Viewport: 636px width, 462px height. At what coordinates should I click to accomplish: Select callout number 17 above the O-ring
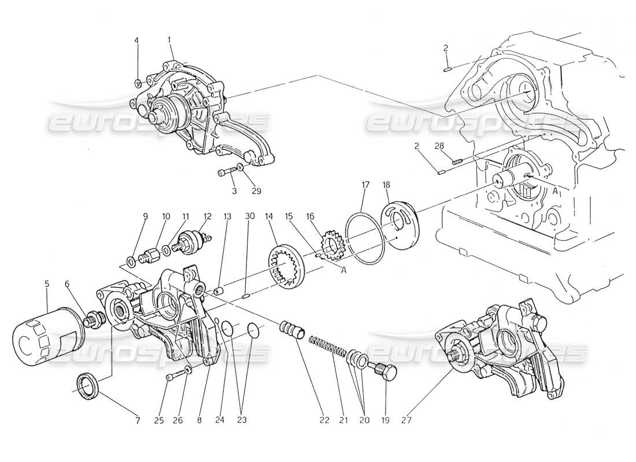[365, 185]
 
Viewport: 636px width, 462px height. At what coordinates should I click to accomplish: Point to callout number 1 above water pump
[169, 40]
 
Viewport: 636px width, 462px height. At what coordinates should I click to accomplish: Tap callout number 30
[249, 216]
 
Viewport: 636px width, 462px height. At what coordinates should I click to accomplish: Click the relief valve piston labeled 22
[293, 331]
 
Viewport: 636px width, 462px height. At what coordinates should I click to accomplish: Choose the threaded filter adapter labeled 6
[91, 319]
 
